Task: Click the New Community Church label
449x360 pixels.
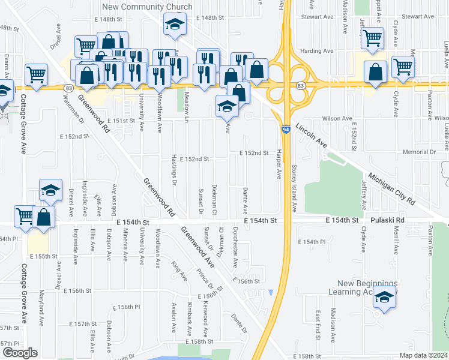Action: pyautogui.click(x=147, y=7)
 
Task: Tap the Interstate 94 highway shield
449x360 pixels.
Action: pyautogui.click(x=286, y=130)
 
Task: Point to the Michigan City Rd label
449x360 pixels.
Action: pyautogui.click(x=392, y=190)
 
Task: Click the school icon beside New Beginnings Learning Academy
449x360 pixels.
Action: pyautogui.click(x=385, y=297)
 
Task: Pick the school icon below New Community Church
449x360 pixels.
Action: pyautogui.click(x=175, y=25)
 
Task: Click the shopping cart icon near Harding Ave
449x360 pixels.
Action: pyautogui.click(x=373, y=38)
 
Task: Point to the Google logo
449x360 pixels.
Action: pyautogui.click(x=20, y=353)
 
